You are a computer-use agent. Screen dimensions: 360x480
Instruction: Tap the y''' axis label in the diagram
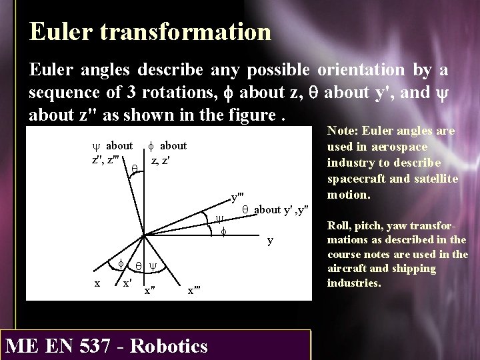click(237, 197)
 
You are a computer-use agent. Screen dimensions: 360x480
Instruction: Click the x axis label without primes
click(97, 282)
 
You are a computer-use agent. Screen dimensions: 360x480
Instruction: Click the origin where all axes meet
click(142, 234)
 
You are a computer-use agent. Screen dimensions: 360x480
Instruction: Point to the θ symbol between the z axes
click(134, 171)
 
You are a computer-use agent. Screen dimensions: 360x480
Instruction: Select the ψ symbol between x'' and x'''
click(152, 265)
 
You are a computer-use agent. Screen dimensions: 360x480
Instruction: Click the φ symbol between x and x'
click(121, 264)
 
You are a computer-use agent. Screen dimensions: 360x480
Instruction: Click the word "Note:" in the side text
click(342, 132)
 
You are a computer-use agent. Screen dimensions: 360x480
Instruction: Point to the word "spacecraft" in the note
click(351, 179)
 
